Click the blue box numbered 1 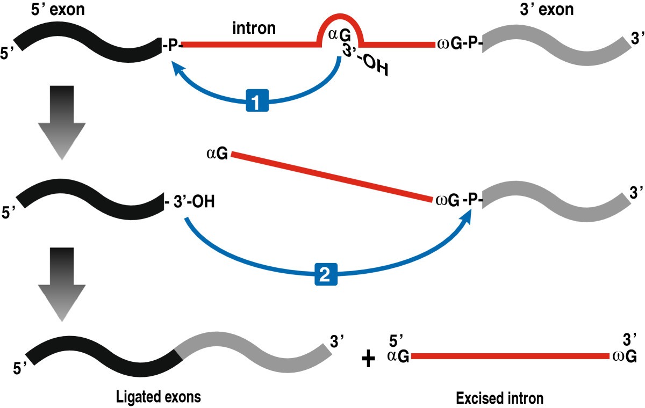pos(257,101)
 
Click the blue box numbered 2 pos(326,275)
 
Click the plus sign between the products pos(369,359)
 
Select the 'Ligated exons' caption pos(158,397)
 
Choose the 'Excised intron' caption pos(500,398)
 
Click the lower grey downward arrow pos(62,283)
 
